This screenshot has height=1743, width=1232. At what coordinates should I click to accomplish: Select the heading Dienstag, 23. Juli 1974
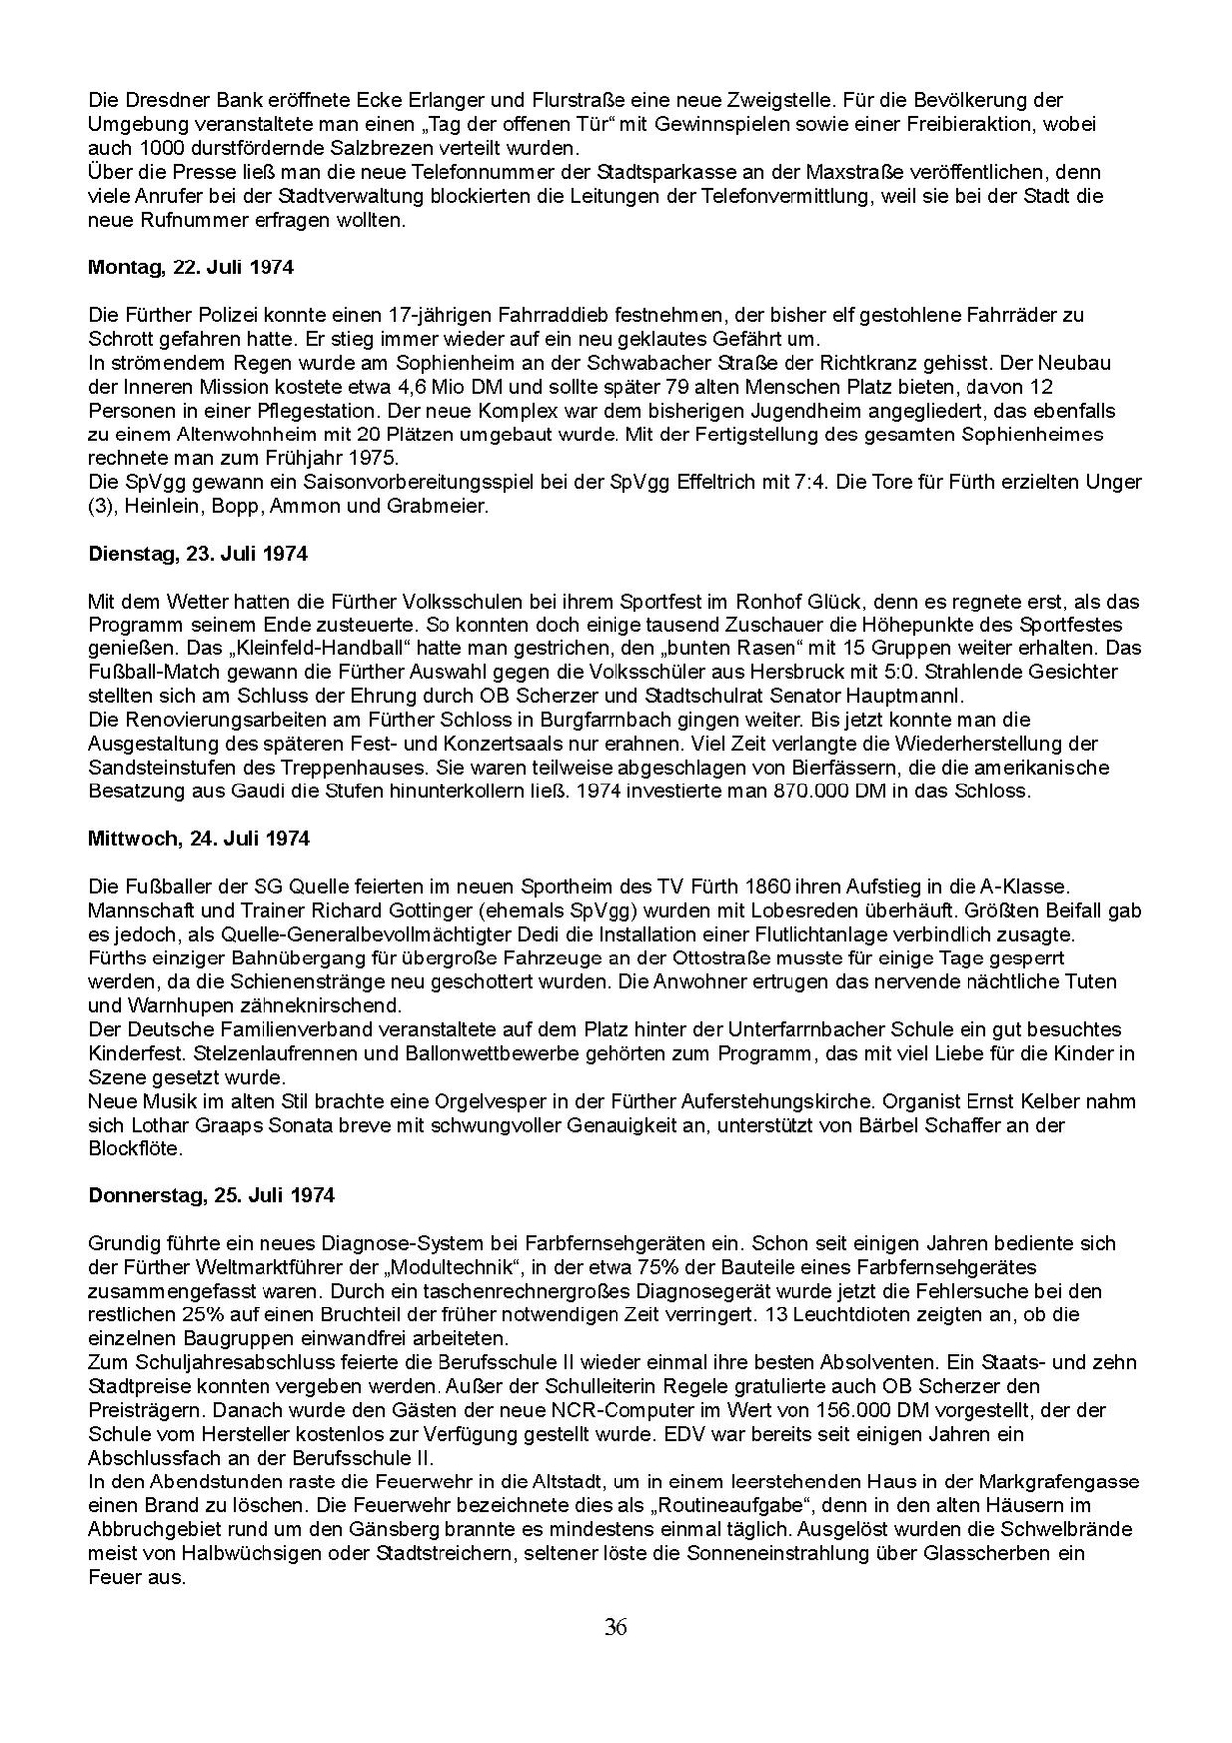tap(198, 554)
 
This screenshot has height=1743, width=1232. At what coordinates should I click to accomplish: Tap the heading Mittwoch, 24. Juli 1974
tap(199, 838)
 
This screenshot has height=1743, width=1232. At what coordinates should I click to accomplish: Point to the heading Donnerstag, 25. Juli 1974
tap(212, 1195)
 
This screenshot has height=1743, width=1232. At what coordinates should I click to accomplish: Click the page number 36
tap(616, 1628)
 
